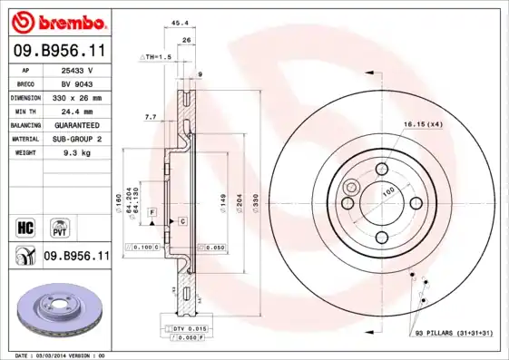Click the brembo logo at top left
[x=56, y=20]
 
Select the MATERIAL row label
[x=24, y=139]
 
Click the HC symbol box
[x=25, y=224]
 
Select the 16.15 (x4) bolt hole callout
[x=422, y=123]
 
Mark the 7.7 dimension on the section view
[x=150, y=117]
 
